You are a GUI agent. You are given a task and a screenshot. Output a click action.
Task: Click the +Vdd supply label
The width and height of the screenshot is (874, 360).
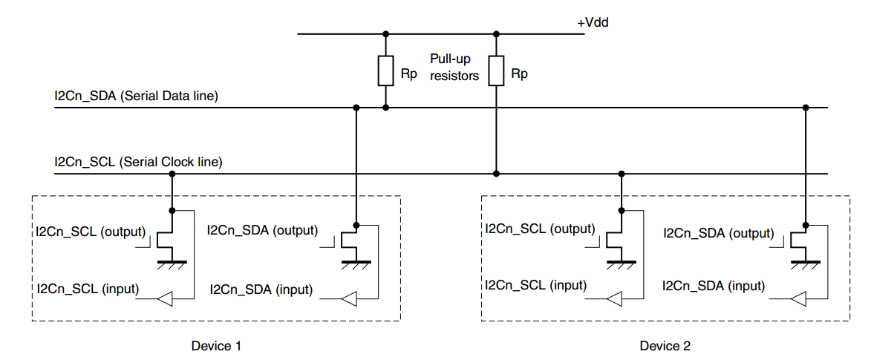pyautogui.click(x=593, y=23)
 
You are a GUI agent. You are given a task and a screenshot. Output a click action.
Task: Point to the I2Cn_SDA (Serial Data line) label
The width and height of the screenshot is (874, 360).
pyautogui.click(x=136, y=96)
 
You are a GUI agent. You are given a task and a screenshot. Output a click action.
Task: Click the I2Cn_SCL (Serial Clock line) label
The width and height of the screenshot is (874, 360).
pyautogui.click(x=138, y=161)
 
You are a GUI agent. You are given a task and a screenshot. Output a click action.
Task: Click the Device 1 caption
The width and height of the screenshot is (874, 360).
pyautogui.click(x=216, y=346)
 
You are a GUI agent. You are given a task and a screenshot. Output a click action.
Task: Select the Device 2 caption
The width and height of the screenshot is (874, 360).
pyautogui.click(x=665, y=346)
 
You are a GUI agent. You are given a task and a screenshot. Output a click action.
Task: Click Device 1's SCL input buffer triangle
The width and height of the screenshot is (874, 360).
pyautogui.click(x=166, y=299)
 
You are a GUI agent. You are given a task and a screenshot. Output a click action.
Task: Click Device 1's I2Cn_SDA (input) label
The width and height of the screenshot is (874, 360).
pyautogui.click(x=261, y=289)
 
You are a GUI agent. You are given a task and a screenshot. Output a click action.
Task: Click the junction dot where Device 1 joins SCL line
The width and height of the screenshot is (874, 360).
pyautogui.click(x=172, y=174)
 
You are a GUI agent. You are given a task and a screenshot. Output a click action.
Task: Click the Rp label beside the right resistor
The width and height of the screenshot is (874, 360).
pyautogui.click(x=519, y=74)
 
